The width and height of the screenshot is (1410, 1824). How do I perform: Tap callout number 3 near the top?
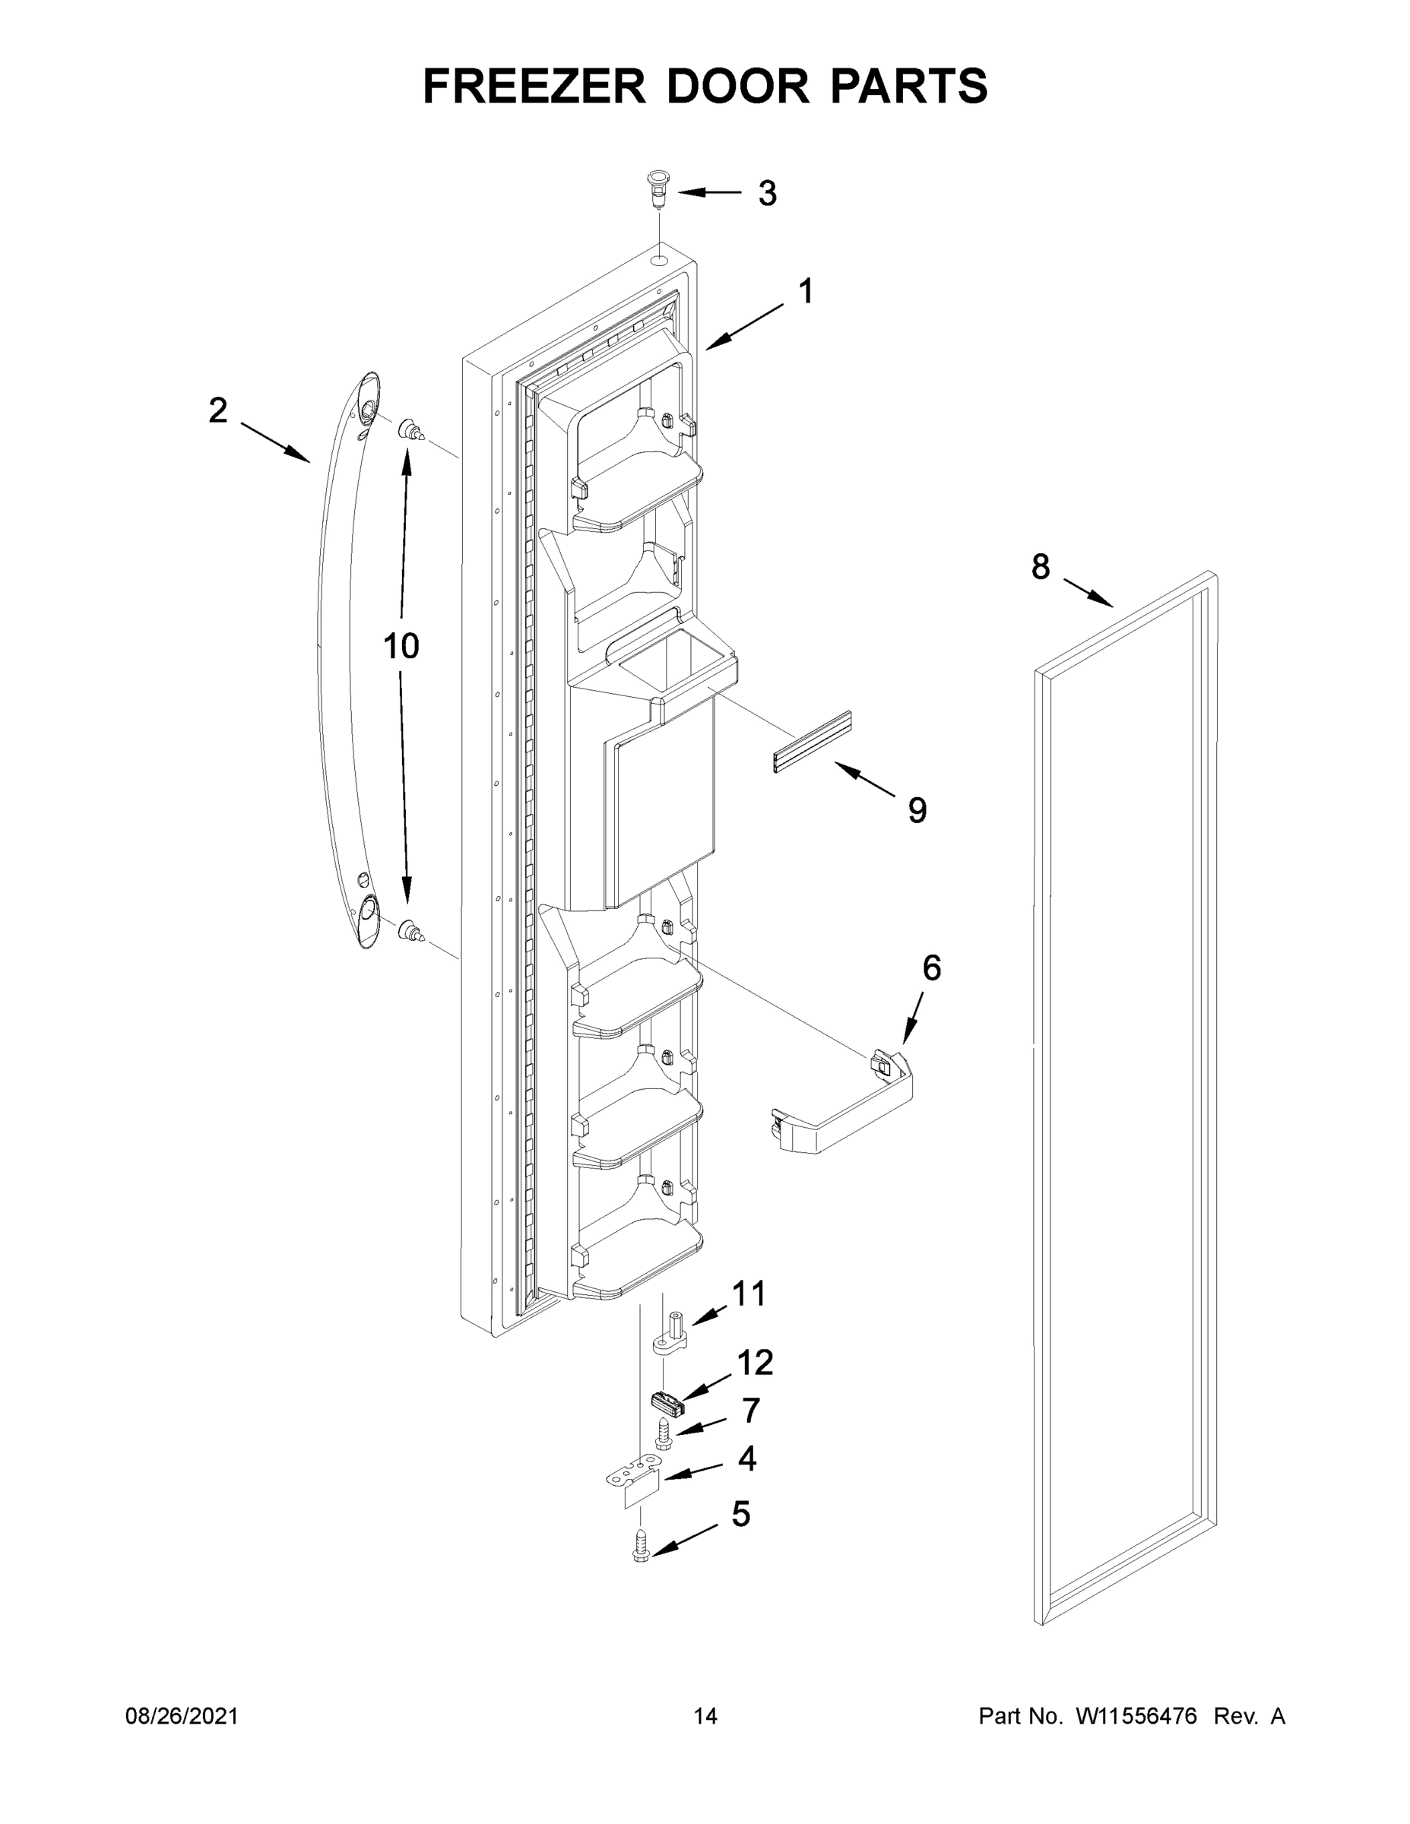coord(767,193)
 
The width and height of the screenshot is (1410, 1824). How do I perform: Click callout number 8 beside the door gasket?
coord(1040,567)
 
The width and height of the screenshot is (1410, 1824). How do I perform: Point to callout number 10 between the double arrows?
coord(401,645)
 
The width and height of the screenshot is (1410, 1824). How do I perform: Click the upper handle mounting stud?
coord(412,431)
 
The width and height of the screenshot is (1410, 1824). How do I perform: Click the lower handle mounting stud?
coord(411,929)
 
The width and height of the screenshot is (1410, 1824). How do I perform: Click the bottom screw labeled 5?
coord(642,1545)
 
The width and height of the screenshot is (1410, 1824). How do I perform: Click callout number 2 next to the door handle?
coord(217,410)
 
